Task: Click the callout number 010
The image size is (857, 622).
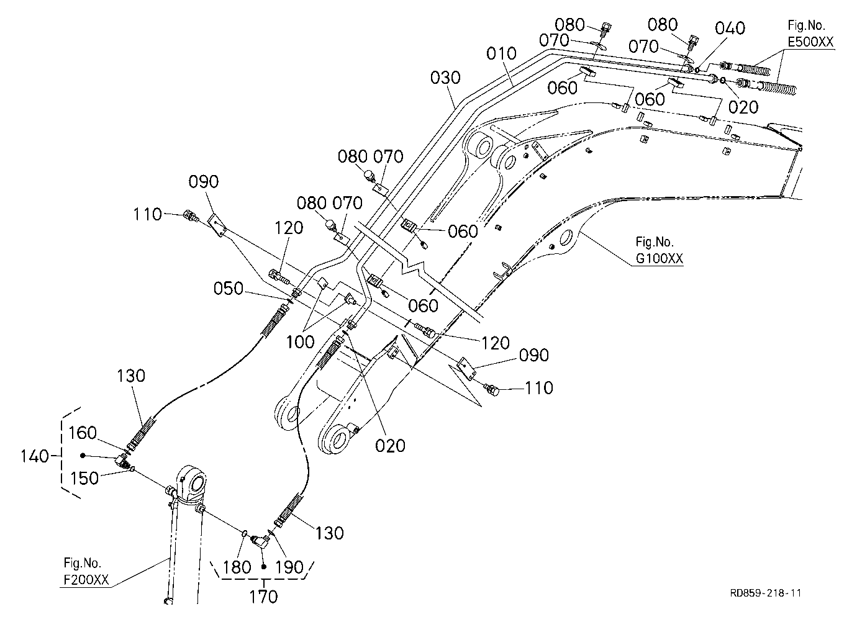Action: (x=501, y=53)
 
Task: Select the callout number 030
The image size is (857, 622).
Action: (x=445, y=78)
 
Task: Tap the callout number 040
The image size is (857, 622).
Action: (x=730, y=29)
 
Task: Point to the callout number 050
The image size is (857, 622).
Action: (x=229, y=289)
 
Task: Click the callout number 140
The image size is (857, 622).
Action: (x=35, y=456)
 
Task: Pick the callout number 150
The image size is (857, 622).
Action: (x=84, y=478)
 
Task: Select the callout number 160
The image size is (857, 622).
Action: (x=82, y=433)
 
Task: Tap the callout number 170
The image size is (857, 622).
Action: (x=263, y=597)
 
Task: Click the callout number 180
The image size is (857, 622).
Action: (x=237, y=567)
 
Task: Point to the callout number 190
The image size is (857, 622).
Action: (x=289, y=567)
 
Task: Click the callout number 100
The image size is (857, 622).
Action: (x=301, y=342)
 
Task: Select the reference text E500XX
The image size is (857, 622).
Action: (x=810, y=42)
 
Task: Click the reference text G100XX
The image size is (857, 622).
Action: (x=659, y=259)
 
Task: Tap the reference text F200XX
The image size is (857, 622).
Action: (x=86, y=580)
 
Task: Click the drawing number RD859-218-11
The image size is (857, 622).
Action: (x=766, y=593)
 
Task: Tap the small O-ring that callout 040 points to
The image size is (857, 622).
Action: (x=697, y=70)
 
